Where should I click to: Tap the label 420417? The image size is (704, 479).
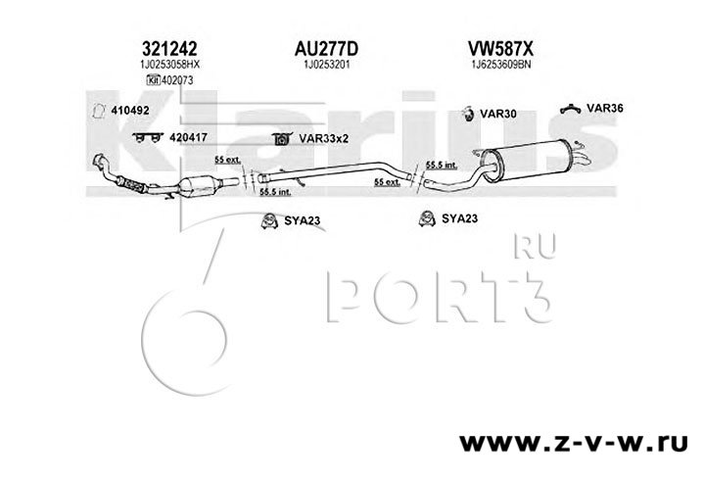coord(182,139)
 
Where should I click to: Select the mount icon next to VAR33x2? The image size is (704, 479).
coord(278,139)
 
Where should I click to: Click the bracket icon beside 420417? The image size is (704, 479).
coord(146,139)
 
